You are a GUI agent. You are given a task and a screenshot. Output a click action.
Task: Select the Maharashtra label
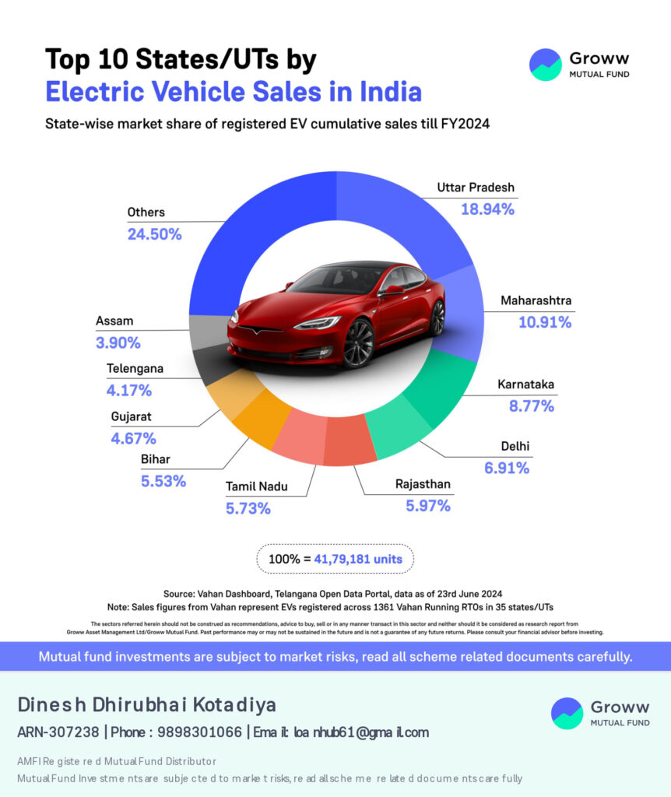pyautogui.click(x=536, y=300)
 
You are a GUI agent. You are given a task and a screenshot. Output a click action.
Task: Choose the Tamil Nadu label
pyautogui.click(x=257, y=486)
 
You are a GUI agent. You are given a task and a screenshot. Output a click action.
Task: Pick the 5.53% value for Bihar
pyautogui.click(x=163, y=481)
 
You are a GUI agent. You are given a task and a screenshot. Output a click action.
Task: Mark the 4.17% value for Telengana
pyautogui.click(x=129, y=390)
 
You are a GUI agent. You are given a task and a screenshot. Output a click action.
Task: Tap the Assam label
pyautogui.click(x=114, y=321)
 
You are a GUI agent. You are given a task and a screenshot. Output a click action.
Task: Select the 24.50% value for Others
pyautogui.click(x=154, y=233)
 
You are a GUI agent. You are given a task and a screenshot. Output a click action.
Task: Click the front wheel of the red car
pyautogui.click(x=359, y=343)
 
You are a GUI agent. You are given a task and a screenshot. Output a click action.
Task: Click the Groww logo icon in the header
pyautogui.click(x=545, y=65)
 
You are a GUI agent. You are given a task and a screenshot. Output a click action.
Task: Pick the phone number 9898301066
pyautogui.click(x=199, y=732)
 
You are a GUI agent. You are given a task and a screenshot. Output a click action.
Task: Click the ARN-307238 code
pyautogui.click(x=58, y=732)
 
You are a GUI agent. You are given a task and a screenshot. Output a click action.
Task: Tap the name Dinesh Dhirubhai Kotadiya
pyautogui.click(x=146, y=705)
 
